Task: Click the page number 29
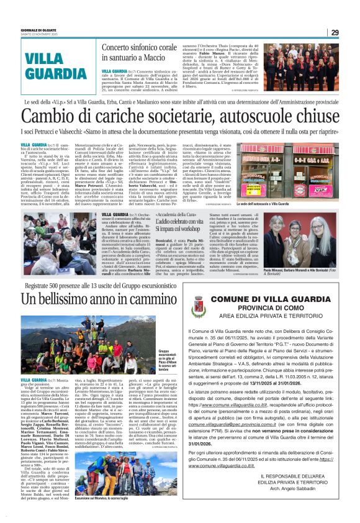coord(335,33)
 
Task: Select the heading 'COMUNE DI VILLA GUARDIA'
coord(275,300)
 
